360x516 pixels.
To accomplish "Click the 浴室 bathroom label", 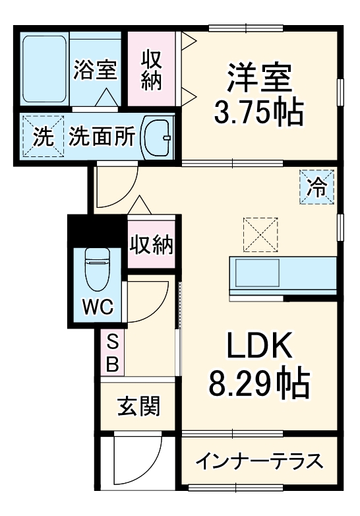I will (96, 69).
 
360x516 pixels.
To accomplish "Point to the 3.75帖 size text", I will (258, 113).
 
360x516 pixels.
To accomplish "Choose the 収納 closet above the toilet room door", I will (151, 245).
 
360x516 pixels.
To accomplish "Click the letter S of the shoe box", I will (112, 342).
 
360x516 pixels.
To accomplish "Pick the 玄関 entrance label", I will (138, 406).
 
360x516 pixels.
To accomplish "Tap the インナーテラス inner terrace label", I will (260, 461).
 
